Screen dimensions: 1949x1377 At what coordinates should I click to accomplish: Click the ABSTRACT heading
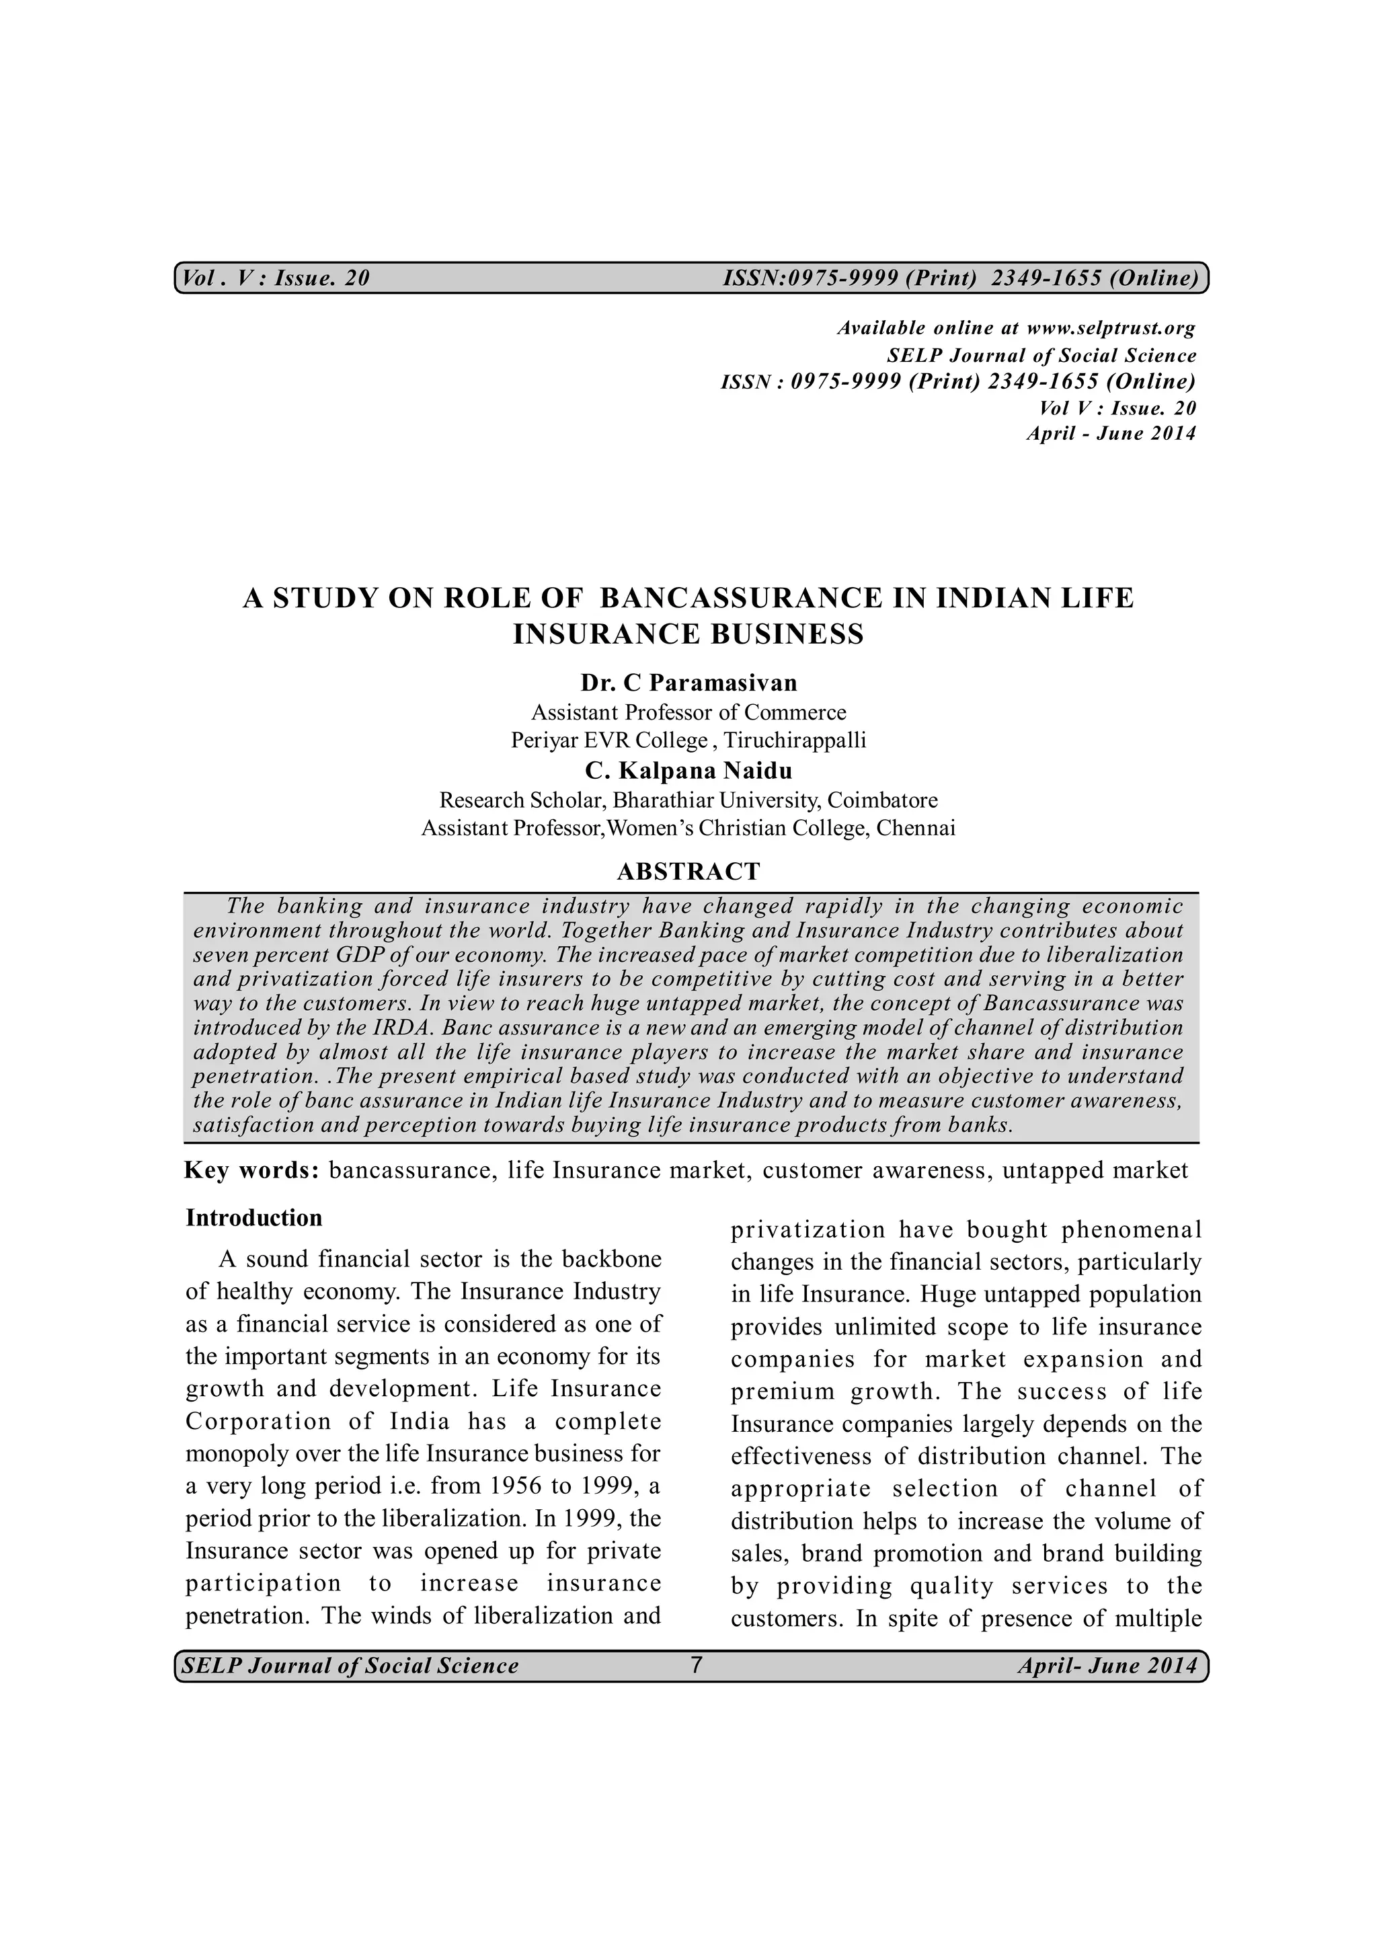(688, 872)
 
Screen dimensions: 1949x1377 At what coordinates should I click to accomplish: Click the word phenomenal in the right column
(1132, 1230)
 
